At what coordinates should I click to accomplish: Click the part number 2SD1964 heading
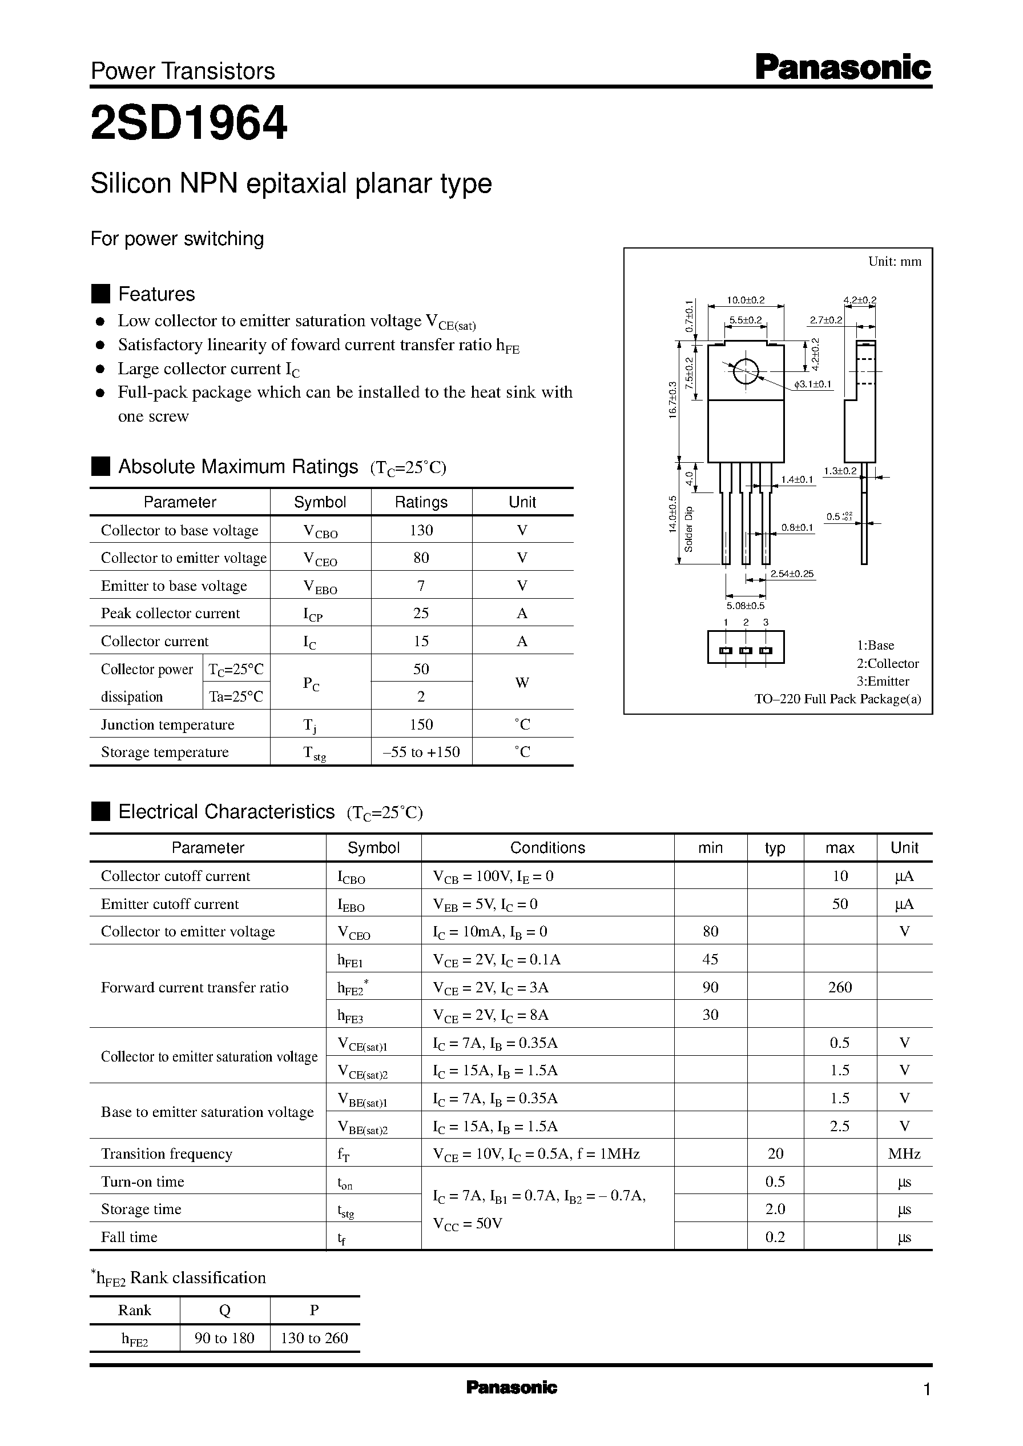point(189,123)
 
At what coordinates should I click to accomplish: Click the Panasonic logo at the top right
point(842,68)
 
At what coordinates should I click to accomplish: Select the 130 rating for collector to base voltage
point(421,530)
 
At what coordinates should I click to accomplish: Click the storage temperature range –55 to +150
point(421,752)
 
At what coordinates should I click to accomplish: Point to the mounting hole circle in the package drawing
point(745,371)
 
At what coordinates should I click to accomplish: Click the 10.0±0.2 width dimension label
point(745,300)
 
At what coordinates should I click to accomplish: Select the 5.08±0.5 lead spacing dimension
point(745,605)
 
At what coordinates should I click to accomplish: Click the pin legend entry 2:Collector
point(888,663)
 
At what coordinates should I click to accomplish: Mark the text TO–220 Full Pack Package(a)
point(838,698)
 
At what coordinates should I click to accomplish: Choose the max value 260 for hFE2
point(840,987)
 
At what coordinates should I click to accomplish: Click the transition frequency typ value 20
point(775,1153)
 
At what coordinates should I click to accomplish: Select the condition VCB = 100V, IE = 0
point(493,876)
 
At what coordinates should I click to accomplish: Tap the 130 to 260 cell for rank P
point(314,1337)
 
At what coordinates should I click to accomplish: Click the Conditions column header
point(547,848)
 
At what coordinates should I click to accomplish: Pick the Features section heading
point(156,294)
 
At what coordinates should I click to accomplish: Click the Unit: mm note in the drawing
point(895,262)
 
